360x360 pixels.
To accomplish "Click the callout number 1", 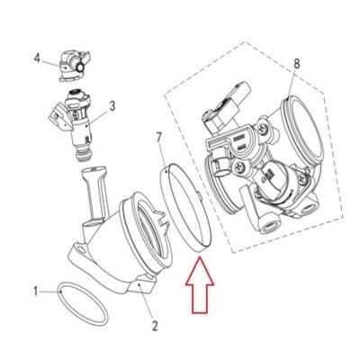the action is pyautogui.click(x=36, y=291).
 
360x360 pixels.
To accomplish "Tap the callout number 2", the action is pyautogui.click(x=155, y=326).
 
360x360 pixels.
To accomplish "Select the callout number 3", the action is pyautogui.click(x=112, y=106).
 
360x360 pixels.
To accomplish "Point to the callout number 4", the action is pyautogui.click(x=37, y=58).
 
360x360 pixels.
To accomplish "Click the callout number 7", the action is pyautogui.click(x=159, y=137).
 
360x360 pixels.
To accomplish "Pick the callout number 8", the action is pyautogui.click(x=297, y=64).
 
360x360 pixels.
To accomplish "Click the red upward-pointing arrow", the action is pyautogui.click(x=200, y=285).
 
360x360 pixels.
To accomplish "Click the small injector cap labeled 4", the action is pyautogui.click(x=74, y=67).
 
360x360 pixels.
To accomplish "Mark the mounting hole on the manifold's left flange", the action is pyautogui.click(x=80, y=248).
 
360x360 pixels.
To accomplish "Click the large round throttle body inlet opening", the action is pyautogui.click(x=303, y=132).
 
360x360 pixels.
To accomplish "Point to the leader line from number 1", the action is pyautogui.click(x=49, y=291).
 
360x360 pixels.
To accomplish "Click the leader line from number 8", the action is pyautogui.click(x=292, y=84).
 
